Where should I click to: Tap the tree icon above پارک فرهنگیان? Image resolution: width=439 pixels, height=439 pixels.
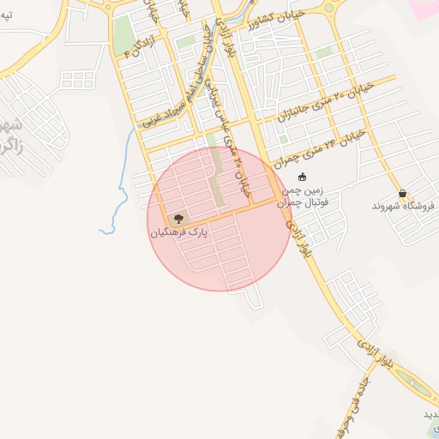(x=178, y=219)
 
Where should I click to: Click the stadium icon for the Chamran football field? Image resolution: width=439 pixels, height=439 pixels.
(x=302, y=177)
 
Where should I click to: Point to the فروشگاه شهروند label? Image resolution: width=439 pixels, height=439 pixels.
(x=404, y=207)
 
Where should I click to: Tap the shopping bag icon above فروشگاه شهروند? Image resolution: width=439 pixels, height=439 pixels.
(x=402, y=194)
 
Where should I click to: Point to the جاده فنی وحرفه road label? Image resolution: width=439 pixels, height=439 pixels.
(x=361, y=400)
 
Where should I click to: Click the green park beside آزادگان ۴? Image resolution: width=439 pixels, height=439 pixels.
(x=123, y=34)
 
